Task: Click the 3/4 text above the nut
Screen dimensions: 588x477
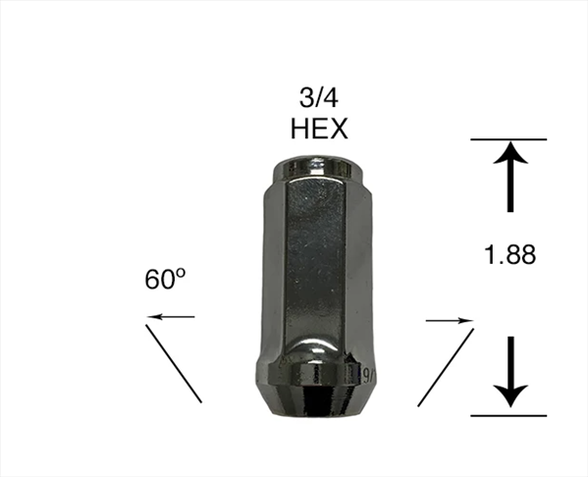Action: coord(319,98)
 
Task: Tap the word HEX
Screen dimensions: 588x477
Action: coord(319,129)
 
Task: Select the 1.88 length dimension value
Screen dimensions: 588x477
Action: coord(510,254)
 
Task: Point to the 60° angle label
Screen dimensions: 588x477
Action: coord(165,279)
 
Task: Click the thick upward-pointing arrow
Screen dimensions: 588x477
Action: coord(510,177)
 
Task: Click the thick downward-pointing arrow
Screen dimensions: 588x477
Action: coord(510,371)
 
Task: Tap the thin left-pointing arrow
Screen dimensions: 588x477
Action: coord(171,317)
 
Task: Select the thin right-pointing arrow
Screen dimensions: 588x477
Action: coord(450,321)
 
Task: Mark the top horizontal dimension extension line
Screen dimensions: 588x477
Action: coord(508,139)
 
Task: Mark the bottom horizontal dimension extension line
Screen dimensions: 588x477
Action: coord(508,415)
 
